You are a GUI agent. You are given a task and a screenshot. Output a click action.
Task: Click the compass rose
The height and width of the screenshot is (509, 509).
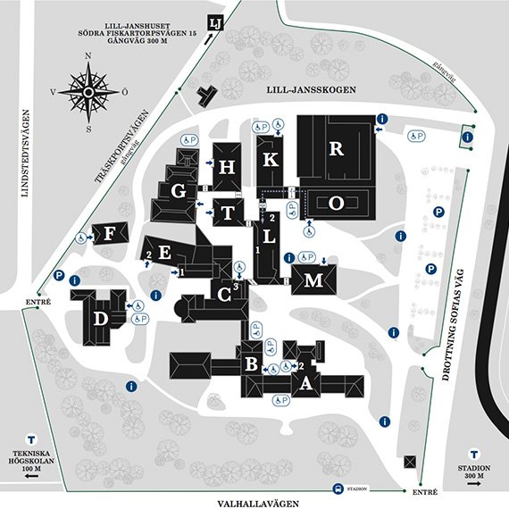(x=88, y=91)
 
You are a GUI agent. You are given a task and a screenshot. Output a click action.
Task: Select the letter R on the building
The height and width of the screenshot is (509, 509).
(x=336, y=149)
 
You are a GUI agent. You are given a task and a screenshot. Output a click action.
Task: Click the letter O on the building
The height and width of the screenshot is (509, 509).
(x=336, y=204)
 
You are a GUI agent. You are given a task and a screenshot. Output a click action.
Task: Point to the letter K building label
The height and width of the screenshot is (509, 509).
(x=271, y=162)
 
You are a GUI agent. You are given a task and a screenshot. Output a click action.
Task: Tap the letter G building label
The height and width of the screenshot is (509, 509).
(x=179, y=190)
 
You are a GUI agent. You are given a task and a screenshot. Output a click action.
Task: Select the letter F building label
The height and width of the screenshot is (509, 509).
(x=111, y=235)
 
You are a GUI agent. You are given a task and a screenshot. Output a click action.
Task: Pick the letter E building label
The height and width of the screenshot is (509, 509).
(x=164, y=253)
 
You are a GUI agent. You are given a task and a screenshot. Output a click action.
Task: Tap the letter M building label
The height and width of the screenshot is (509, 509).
(x=312, y=281)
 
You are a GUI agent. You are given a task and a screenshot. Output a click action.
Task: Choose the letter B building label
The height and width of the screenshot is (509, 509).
(x=252, y=364)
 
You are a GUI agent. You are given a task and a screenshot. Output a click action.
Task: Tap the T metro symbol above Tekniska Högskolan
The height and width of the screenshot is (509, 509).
(x=31, y=439)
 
